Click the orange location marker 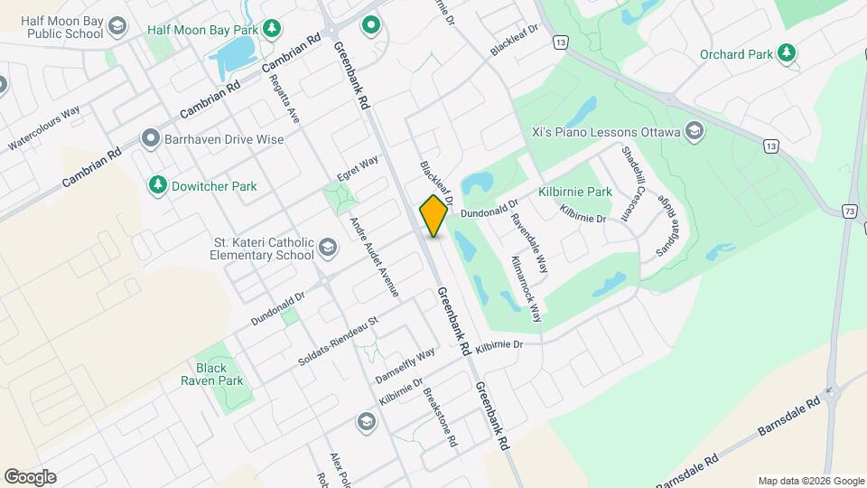tap(433, 216)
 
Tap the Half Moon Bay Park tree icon tap(270, 29)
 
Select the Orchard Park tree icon tap(787, 53)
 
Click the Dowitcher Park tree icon tap(158, 185)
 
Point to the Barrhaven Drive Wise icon tap(151, 139)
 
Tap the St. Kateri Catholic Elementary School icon tap(327, 249)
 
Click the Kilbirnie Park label tap(575, 192)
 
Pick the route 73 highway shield tap(850, 211)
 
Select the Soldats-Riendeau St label tap(338, 342)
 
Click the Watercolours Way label tap(44, 128)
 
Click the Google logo tap(30, 476)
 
